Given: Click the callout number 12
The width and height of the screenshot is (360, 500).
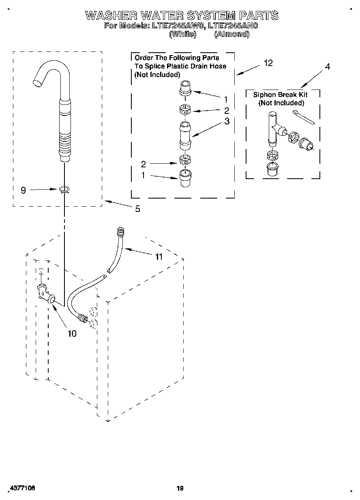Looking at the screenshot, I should point(268,63).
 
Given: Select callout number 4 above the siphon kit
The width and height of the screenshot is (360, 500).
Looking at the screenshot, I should point(327,66).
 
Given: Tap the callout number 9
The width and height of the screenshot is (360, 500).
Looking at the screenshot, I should point(24,190).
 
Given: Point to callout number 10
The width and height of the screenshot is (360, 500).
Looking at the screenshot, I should point(72,333).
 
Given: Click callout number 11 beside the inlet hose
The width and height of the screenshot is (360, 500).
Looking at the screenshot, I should point(159,256).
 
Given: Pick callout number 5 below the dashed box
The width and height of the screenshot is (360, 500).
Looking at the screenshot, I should point(137,209).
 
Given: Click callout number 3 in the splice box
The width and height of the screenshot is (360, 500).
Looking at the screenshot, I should point(227,121).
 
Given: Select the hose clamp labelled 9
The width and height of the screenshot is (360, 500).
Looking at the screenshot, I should point(64,189).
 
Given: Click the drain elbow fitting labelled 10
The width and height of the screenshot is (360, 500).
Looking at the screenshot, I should point(45,293).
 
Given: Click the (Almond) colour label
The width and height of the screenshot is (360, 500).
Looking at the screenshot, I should point(231,34).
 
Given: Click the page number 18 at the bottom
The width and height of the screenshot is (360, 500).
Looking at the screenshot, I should point(180,489).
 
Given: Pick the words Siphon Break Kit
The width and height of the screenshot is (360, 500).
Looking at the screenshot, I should point(280,95).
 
